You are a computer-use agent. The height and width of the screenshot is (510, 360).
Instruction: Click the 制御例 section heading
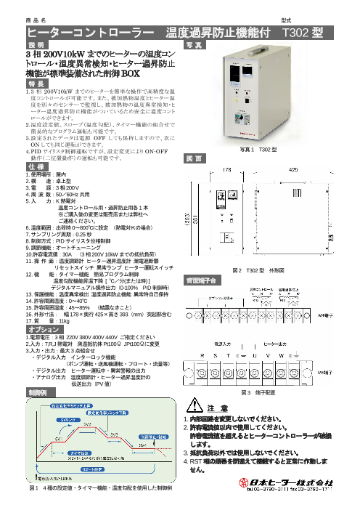41,390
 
